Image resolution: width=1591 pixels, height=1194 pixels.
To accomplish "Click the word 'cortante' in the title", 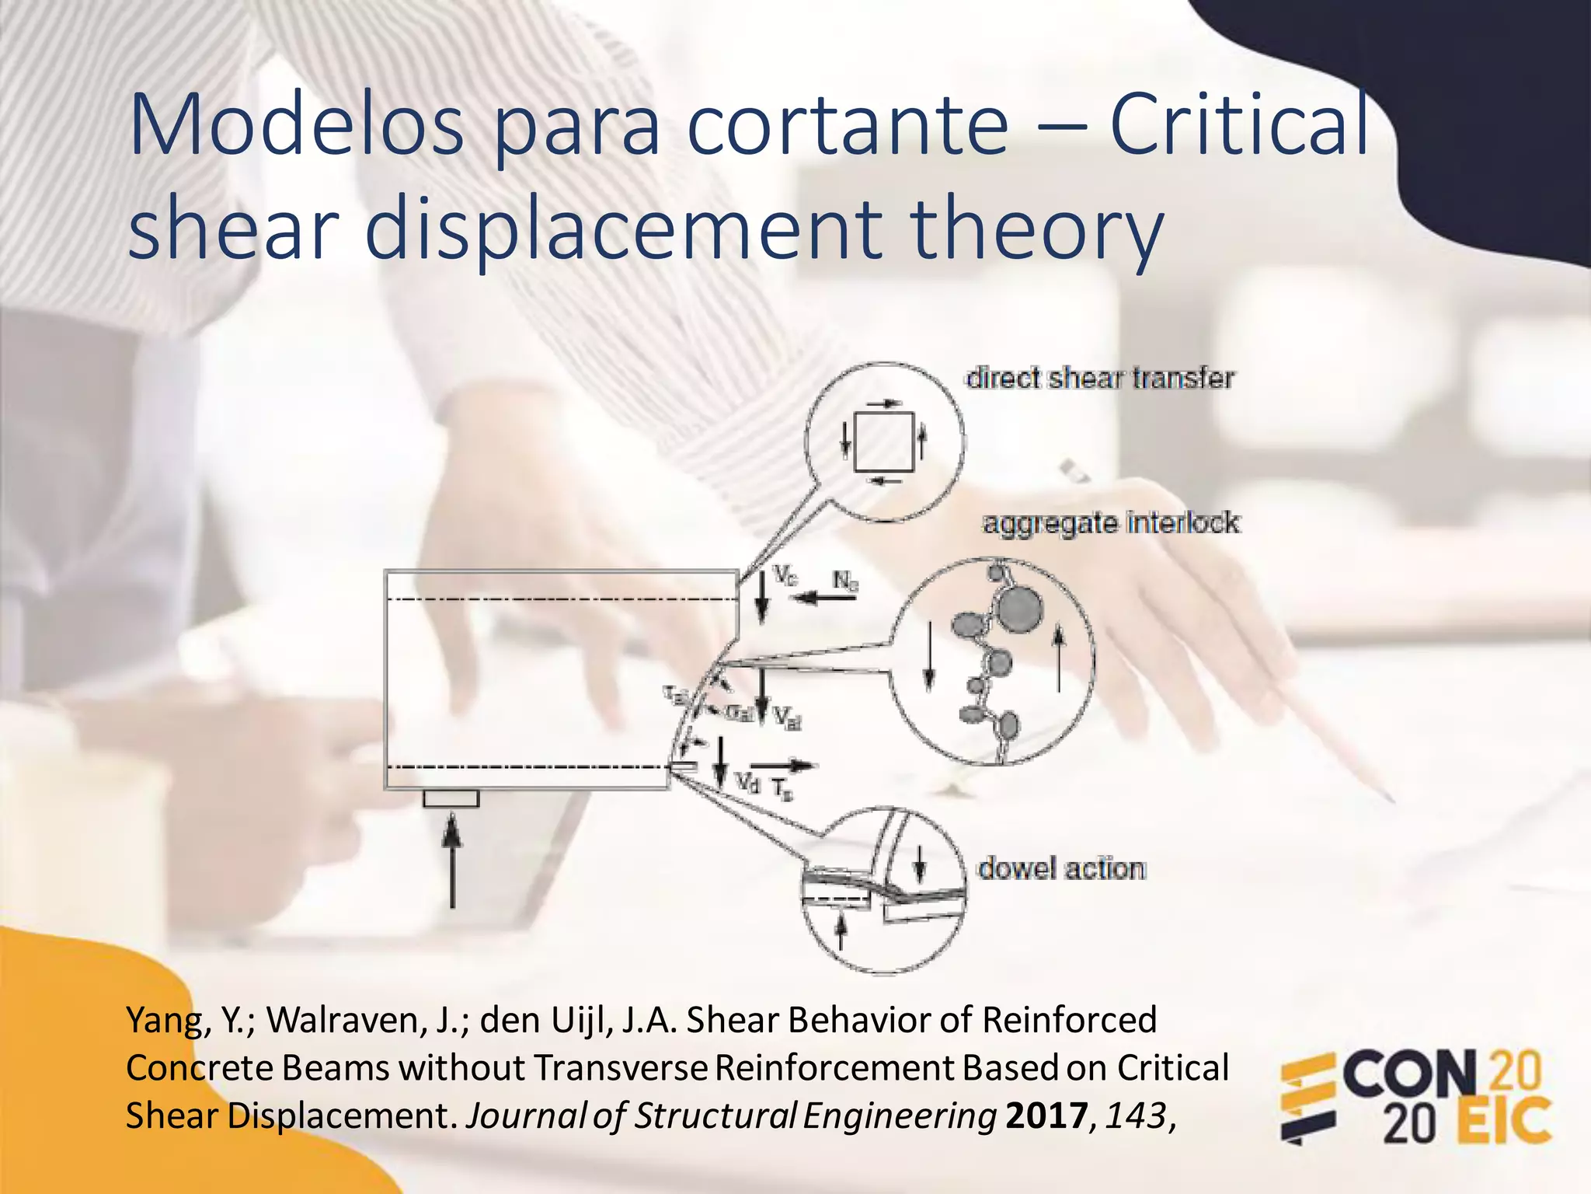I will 848,124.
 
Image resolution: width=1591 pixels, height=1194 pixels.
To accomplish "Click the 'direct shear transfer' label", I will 1099,378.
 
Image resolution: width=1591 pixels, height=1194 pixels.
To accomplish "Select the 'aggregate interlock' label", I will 1111,522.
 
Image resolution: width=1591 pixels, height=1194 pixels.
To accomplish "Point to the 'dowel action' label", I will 1061,868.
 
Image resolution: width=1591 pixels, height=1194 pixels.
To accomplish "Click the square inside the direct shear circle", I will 883,442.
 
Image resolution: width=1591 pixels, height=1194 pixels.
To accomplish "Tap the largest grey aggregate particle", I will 1018,608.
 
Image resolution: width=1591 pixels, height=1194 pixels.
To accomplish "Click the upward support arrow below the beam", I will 451,863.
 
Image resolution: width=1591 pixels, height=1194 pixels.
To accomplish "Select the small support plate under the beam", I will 451,798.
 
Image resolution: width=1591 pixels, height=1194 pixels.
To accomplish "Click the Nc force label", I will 845,581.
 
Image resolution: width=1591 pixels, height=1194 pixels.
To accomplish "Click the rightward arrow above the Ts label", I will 783,765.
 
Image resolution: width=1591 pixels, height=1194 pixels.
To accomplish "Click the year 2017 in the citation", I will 1046,1116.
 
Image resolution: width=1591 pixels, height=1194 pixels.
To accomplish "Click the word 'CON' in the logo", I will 1410,1075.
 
